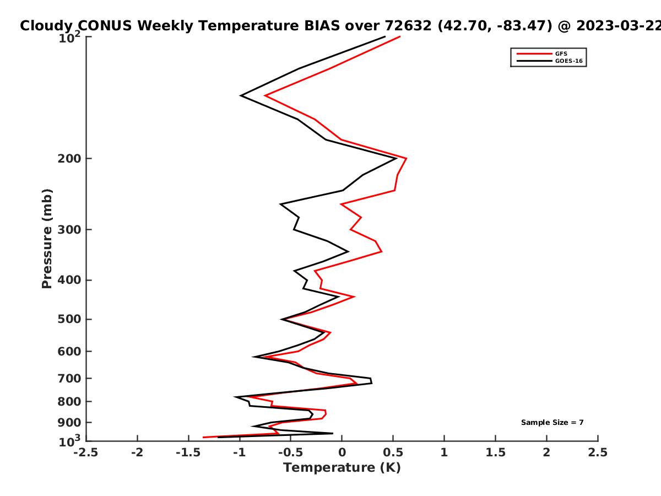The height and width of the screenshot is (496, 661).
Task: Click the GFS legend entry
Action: [x=542, y=54]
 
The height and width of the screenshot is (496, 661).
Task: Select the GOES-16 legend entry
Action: [x=550, y=61]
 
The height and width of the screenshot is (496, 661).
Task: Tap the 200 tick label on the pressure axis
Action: [x=69, y=159]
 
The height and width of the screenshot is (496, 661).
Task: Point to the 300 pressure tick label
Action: [x=69, y=230]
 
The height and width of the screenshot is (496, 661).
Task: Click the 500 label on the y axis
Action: [x=69, y=319]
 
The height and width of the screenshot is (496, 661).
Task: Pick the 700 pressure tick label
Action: [x=69, y=379]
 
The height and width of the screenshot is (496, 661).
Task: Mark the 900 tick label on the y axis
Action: [x=69, y=423]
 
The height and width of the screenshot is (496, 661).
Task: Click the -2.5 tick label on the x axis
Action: [x=86, y=452]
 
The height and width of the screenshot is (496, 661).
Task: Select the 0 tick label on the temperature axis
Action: [x=342, y=452]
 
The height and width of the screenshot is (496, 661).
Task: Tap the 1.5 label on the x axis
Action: [x=496, y=452]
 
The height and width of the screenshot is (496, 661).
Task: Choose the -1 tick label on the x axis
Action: [x=240, y=452]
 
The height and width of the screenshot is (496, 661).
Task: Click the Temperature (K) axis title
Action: [x=342, y=468]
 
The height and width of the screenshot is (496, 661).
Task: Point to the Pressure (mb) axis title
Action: [x=47, y=239]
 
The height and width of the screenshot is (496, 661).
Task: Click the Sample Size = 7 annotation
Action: [x=552, y=423]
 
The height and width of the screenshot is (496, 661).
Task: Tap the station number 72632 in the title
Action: [x=408, y=26]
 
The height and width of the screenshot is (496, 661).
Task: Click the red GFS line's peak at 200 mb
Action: [x=407, y=158]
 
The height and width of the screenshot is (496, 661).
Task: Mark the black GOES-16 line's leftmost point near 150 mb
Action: [x=241, y=95]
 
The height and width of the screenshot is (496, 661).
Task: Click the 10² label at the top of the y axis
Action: [x=70, y=37]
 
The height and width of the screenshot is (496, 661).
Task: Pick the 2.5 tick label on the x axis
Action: [x=598, y=452]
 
